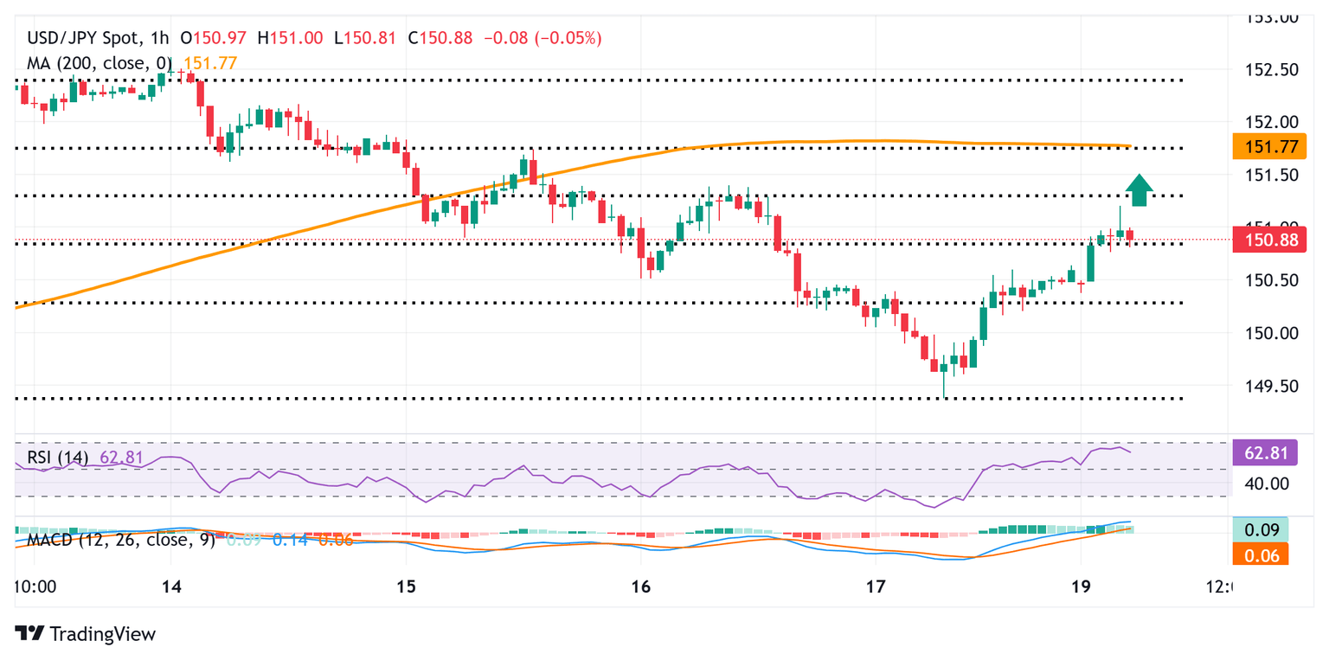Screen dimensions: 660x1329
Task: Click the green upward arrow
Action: click(x=1140, y=190)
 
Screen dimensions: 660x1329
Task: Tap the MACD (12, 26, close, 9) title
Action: click(x=119, y=540)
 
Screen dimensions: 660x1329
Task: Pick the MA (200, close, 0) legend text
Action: click(x=102, y=62)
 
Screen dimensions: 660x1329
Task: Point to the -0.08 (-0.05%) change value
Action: click(x=543, y=38)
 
